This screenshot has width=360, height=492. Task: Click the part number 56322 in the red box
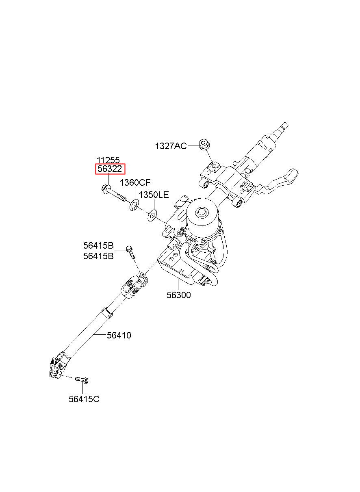[x=110, y=169]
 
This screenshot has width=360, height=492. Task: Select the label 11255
[x=108, y=160]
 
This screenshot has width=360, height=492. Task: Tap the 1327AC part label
[x=171, y=146]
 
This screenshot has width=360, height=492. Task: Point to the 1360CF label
[x=135, y=182]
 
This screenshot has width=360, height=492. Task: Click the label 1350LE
[x=154, y=195]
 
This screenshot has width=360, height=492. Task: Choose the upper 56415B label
[x=98, y=245]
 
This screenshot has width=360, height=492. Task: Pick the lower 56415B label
[x=98, y=256]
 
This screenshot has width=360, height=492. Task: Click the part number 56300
[x=178, y=295]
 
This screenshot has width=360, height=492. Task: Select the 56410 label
[x=119, y=336]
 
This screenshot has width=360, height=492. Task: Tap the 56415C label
[x=84, y=399]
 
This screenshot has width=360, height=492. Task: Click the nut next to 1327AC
[x=205, y=144]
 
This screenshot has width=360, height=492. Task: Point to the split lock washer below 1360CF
[x=134, y=205]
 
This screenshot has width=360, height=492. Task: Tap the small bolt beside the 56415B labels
[x=130, y=252]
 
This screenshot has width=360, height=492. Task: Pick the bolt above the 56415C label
[x=82, y=379]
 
